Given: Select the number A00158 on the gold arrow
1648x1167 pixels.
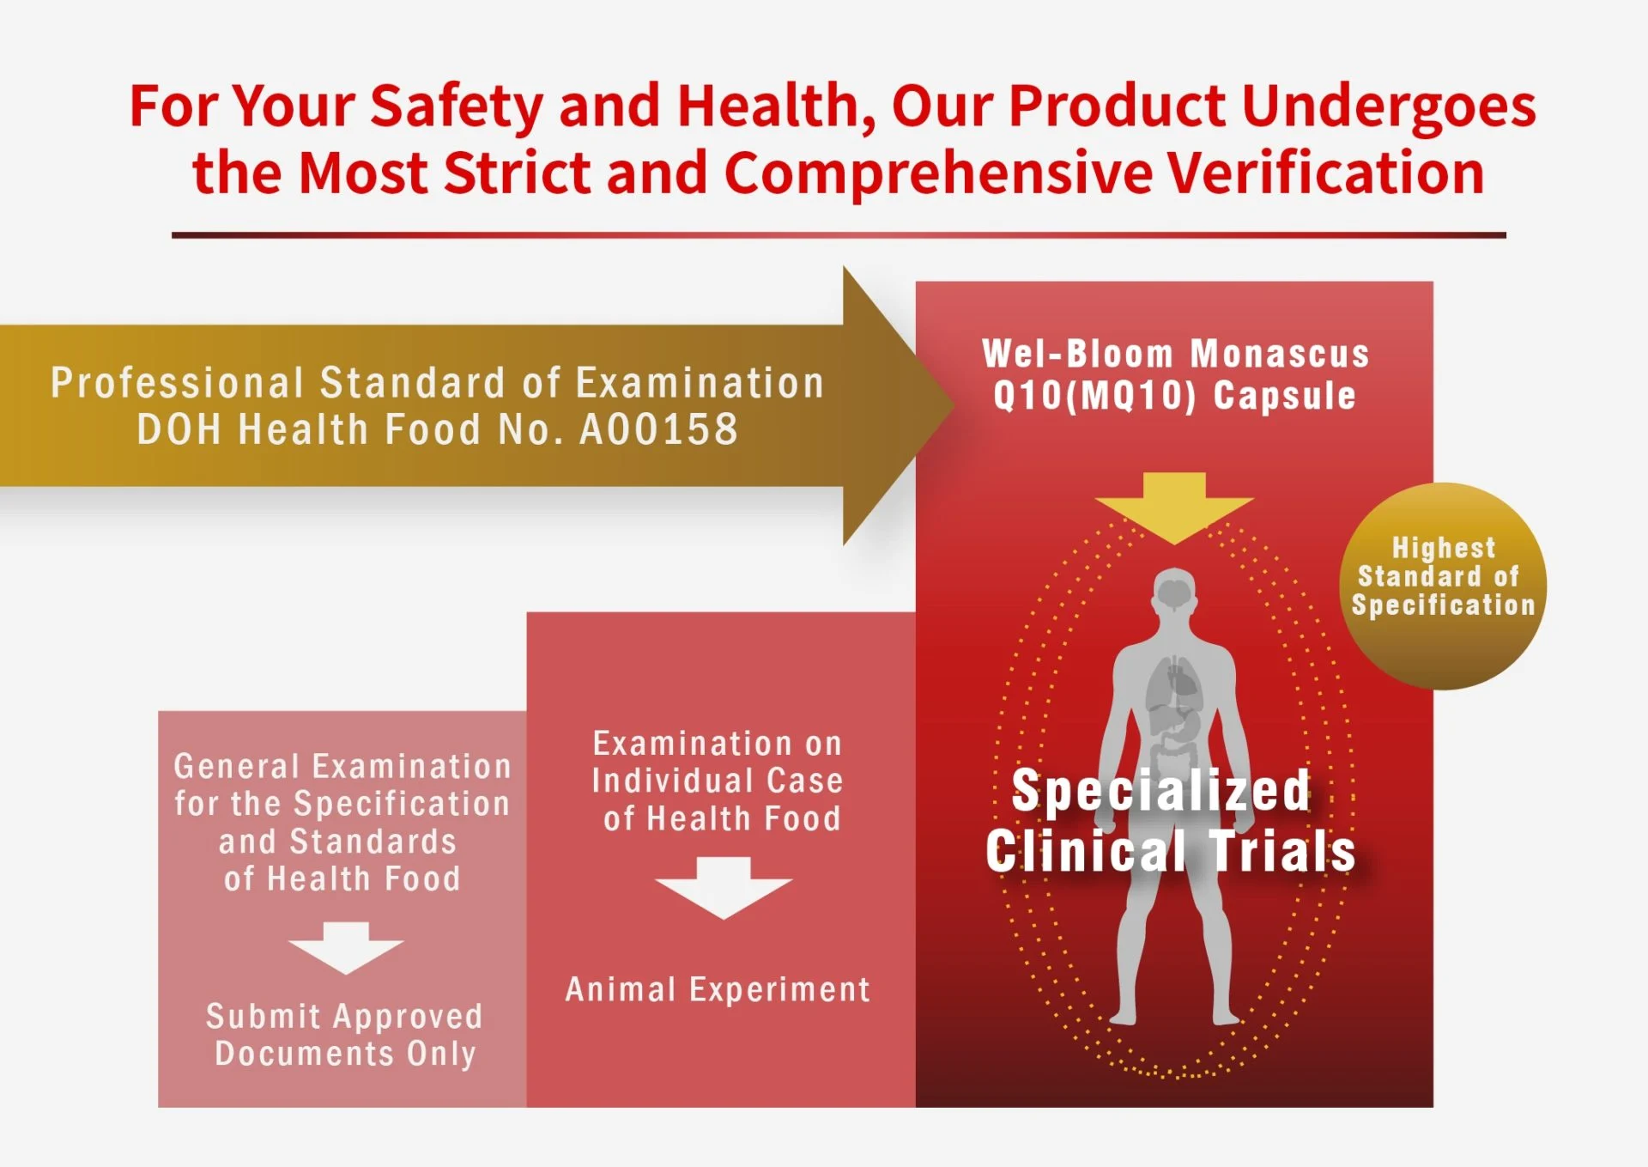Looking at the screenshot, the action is click(658, 429).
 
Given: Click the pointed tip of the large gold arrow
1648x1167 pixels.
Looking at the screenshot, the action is click(954, 404).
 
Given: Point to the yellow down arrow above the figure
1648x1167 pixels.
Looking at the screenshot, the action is click(1173, 507).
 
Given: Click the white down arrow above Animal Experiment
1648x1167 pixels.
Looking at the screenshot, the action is click(724, 888).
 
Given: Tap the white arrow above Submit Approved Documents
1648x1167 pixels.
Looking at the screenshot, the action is click(345, 948).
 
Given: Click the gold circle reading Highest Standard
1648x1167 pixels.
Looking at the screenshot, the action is click(1443, 587).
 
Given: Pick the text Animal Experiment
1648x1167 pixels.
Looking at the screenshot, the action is click(718, 990).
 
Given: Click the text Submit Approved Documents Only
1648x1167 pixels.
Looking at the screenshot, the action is click(345, 1035).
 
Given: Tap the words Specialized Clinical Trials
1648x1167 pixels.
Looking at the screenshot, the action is click(1170, 820).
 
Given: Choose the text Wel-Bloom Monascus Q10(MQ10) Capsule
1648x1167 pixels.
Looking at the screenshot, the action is click(1175, 374).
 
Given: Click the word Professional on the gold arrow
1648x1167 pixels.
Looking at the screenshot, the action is click(177, 383).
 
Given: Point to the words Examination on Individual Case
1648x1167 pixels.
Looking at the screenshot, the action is click(718, 763).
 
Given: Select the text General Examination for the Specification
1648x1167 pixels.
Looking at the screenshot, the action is click(342, 785).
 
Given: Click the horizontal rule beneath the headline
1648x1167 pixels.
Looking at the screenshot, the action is click(839, 234).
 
